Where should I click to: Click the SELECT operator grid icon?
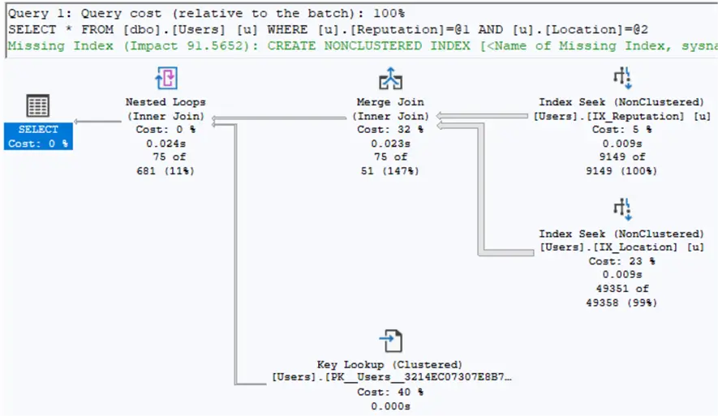tap(38, 106)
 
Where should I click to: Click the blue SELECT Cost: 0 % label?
tap(38, 136)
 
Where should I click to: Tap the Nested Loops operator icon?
tap(166, 79)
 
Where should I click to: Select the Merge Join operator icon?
tap(390, 79)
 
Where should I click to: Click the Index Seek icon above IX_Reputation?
tap(621, 79)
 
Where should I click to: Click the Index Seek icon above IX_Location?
tap(621, 209)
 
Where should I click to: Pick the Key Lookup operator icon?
tap(390, 341)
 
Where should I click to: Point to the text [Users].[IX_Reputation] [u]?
tap(621, 116)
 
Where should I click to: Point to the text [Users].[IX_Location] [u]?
tap(621, 247)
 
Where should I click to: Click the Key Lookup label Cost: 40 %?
tap(390, 392)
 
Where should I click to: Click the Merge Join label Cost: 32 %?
tap(390, 130)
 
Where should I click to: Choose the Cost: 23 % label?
tap(621, 261)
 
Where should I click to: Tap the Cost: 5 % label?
tap(621, 130)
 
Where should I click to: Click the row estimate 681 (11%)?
tap(166, 171)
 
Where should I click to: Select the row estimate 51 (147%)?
tap(390, 171)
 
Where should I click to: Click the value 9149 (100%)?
tap(621, 171)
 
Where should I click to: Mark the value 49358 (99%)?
tap(621, 302)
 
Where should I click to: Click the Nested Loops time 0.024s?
tap(166, 144)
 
